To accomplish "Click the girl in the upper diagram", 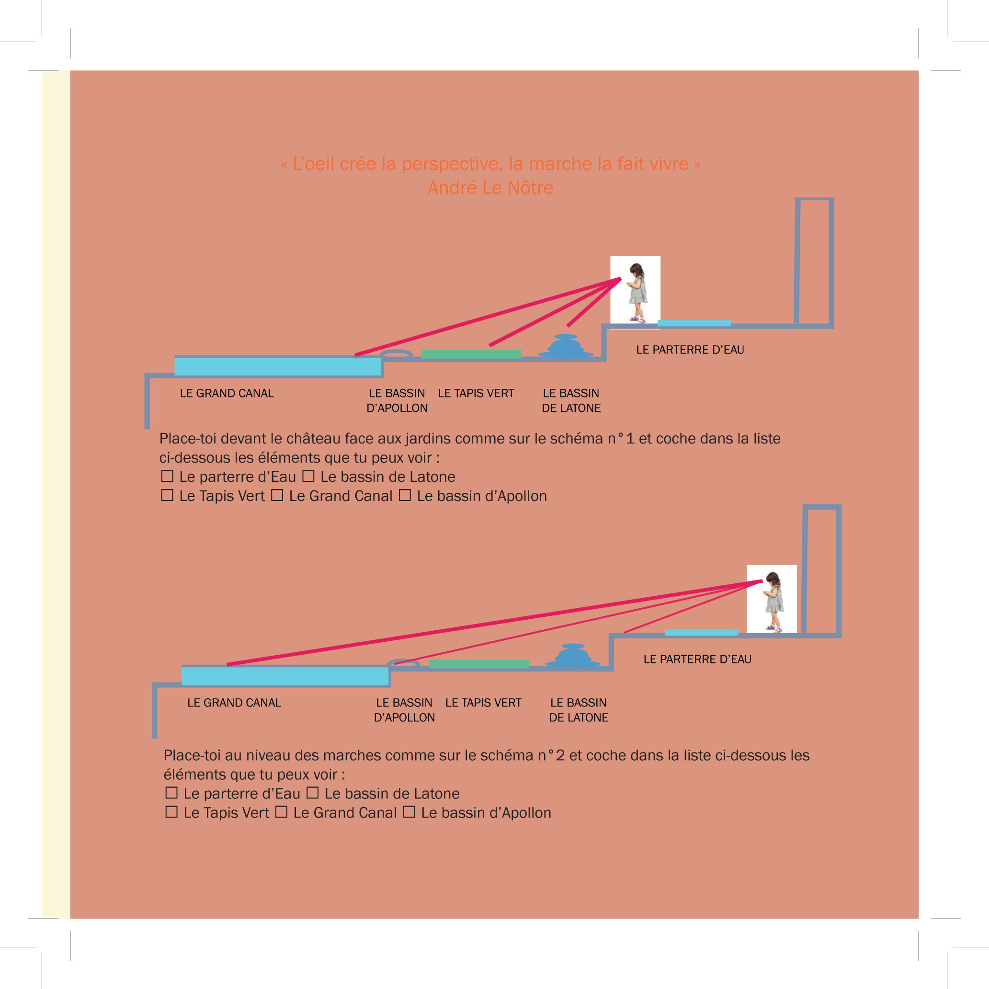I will coord(637,292).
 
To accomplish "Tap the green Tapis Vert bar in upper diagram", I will coord(471,354).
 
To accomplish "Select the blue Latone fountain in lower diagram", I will coord(573,657).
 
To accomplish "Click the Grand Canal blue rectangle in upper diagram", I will coord(277,366).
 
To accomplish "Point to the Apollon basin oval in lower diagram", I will coord(404,664).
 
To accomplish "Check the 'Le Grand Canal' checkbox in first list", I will coord(277,495).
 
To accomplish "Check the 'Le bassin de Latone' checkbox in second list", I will coord(312,793).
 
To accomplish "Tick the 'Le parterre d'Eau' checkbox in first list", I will coord(167,476).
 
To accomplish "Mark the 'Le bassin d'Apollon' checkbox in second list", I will coord(409,812).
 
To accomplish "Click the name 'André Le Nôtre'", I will coord(490,188).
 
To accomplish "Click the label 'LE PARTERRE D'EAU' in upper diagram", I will coord(690,350).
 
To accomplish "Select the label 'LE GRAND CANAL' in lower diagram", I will coord(234,703).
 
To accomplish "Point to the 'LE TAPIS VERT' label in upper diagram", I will coord(476,393).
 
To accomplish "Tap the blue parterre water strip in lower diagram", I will coord(701,633).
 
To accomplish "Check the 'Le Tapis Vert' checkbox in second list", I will coord(171,812).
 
